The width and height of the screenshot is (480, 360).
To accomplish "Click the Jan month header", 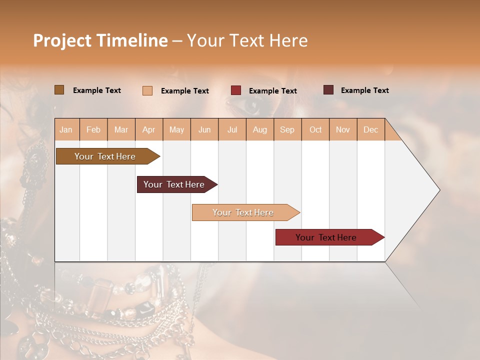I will click(x=66, y=130).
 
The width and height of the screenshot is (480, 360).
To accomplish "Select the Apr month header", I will click(x=148, y=130).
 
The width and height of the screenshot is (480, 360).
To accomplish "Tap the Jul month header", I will click(x=232, y=130).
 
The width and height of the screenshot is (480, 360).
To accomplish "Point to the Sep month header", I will click(x=287, y=130).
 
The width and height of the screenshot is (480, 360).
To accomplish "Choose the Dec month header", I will click(x=370, y=130).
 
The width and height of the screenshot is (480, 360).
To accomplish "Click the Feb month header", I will click(x=93, y=130).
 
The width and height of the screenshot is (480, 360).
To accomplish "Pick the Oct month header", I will click(x=315, y=130).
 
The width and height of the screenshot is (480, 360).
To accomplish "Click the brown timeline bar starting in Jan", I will click(x=105, y=156).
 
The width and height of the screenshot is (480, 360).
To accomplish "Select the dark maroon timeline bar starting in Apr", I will click(x=174, y=184).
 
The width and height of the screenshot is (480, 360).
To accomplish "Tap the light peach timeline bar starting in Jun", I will click(x=243, y=212).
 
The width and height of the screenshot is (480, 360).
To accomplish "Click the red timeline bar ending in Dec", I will click(x=326, y=237).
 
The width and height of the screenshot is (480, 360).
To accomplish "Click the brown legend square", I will click(x=59, y=90).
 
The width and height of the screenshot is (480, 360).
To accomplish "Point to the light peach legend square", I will click(x=147, y=90).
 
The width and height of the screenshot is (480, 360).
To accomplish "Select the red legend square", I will click(x=236, y=90).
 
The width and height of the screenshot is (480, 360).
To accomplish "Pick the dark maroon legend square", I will click(x=328, y=90).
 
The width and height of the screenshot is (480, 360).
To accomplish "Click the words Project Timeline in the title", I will click(x=100, y=40).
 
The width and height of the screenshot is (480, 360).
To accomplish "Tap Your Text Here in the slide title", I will click(x=247, y=40).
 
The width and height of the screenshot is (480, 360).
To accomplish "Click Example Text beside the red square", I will click(x=272, y=91).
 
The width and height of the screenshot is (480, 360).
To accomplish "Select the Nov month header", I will click(x=343, y=130).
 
